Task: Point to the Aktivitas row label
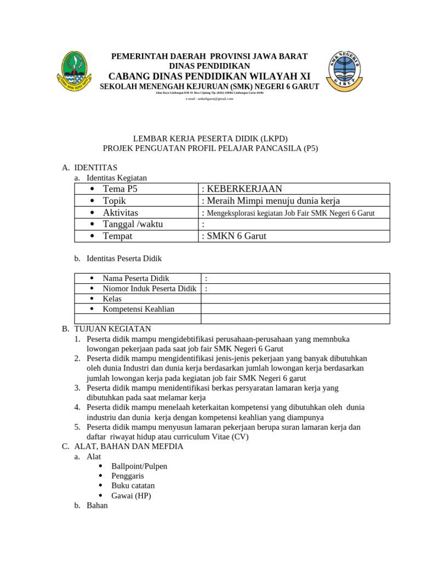(x=120, y=212)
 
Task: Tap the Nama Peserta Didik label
(x=136, y=278)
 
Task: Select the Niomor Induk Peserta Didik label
(x=149, y=289)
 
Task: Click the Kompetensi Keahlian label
(x=138, y=309)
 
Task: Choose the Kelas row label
(x=112, y=299)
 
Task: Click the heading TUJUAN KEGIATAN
(x=112, y=329)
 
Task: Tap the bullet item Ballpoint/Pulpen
(x=139, y=466)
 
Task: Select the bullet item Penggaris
(x=128, y=476)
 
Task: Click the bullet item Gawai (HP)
(x=131, y=496)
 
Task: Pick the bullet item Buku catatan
(x=133, y=486)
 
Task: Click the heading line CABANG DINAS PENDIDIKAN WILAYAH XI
(x=209, y=76)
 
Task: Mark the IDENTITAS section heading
(x=95, y=167)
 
